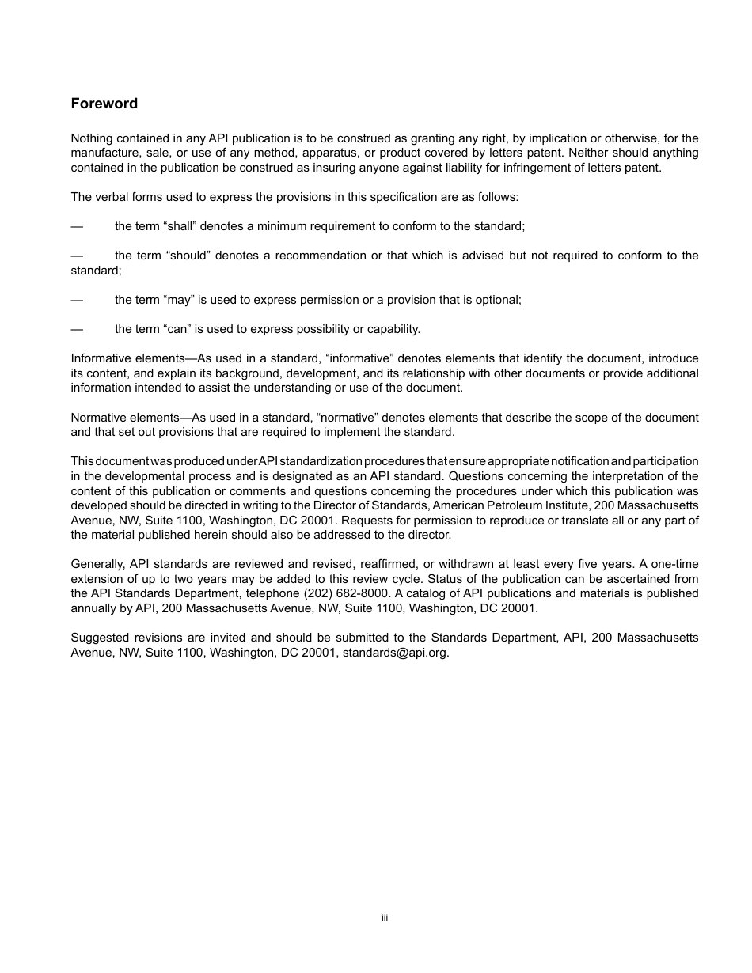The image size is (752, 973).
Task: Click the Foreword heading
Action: tap(104, 104)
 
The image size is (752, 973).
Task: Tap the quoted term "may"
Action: tap(179, 300)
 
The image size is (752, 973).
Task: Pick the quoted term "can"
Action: tap(178, 329)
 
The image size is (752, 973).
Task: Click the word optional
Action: tap(499, 300)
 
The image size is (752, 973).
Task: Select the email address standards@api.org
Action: tap(395, 653)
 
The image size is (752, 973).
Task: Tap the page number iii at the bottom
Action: tap(384, 918)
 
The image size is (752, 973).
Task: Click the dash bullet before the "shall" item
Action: tap(77, 226)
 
